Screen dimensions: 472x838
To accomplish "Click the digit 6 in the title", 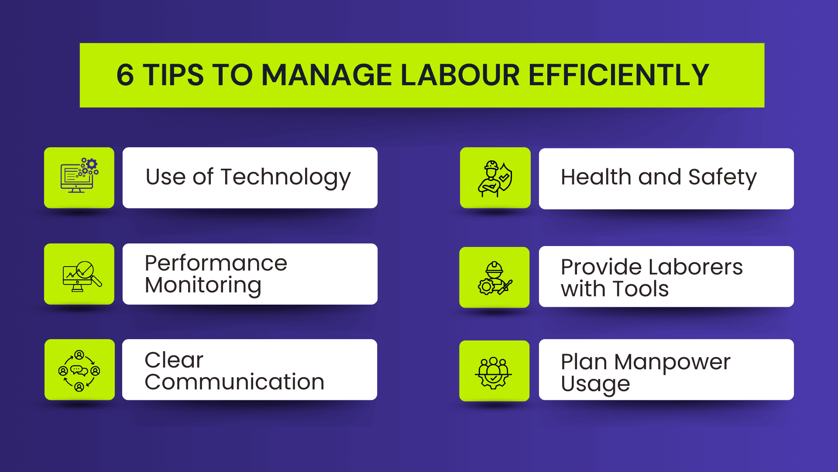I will (x=125, y=75).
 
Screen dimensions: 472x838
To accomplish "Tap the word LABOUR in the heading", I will (x=460, y=75).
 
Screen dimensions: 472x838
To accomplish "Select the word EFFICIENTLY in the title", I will (x=619, y=75).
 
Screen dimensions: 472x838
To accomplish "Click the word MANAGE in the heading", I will (x=327, y=75).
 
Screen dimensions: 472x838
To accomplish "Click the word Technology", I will (x=285, y=178).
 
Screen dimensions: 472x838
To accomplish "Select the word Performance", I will (x=216, y=263).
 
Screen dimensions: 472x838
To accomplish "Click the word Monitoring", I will (x=203, y=285).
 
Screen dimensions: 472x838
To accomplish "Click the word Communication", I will (x=234, y=382).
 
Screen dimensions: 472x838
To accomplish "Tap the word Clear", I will (x=174, y=360).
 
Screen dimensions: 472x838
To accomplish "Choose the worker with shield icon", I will (x=495, y=178).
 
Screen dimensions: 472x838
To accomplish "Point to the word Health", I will (x=596, y=177).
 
